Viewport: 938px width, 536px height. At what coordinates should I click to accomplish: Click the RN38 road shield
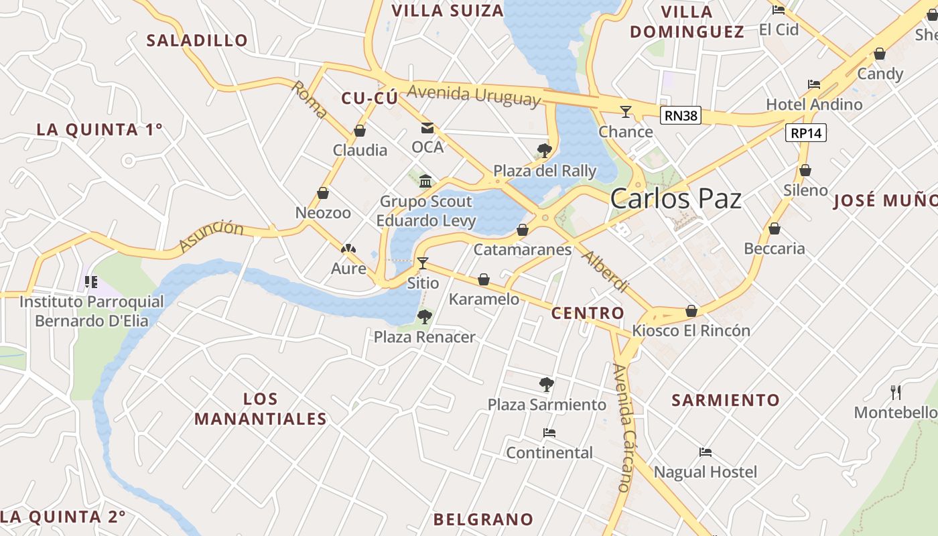tap(681, 116)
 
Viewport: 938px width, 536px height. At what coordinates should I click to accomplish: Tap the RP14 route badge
tap(805, 133)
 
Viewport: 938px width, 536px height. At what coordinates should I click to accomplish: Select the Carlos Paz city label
tap(676, 199)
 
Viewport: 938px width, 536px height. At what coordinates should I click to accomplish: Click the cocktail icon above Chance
tap(626, 111)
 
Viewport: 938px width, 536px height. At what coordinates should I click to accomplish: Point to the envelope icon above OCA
tap(427, 128)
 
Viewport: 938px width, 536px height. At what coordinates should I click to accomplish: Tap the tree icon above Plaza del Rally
tap(545, 150)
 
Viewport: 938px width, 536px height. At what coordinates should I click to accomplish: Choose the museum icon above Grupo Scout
tap(425, 182)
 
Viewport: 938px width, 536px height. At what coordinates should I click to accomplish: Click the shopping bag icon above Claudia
tap(360, 131)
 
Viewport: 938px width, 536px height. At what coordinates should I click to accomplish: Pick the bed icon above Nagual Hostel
tap(705, 452)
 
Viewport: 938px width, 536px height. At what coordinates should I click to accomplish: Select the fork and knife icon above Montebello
tap(896, 392)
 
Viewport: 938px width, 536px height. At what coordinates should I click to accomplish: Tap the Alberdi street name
tap(606, 271)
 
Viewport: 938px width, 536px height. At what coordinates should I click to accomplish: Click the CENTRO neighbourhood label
tap(588, 313)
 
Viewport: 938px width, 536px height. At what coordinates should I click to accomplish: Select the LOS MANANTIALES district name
tap(261, 409)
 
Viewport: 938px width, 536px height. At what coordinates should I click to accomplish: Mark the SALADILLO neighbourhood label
tap(197, 40)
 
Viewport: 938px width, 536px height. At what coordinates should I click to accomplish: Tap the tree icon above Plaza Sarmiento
tap(547, 385)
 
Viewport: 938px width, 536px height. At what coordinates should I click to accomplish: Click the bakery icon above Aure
tap(348, 249)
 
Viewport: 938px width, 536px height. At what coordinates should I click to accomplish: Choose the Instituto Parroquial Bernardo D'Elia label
tap(92, 311)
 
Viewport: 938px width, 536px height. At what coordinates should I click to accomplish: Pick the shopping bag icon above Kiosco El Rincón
tap(691, 312)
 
